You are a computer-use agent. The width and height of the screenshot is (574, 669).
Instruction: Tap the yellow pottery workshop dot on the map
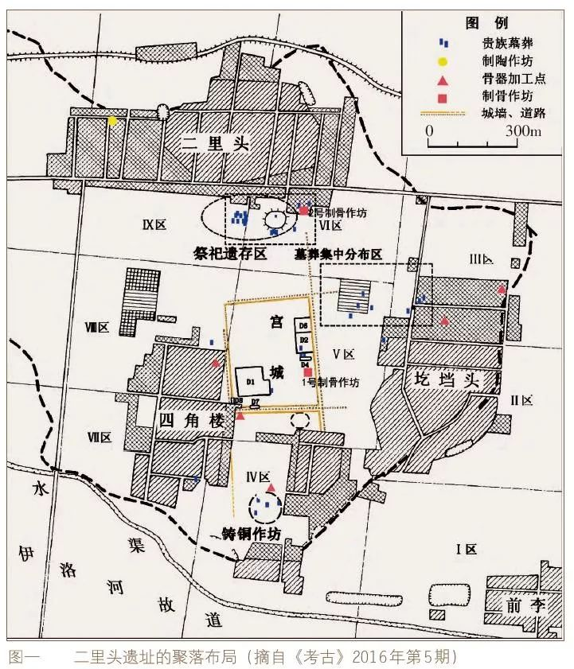click(x=113, y=121)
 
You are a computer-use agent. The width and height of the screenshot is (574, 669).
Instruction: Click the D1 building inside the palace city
click(x=252, y=382)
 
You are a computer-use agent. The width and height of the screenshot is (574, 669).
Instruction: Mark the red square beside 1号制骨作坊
click(x=308, y=372)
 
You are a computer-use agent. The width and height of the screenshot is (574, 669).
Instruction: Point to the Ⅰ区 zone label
click(x=464, y=550)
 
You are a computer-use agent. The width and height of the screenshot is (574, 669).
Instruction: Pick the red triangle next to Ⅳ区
click(x=271, y=487)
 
